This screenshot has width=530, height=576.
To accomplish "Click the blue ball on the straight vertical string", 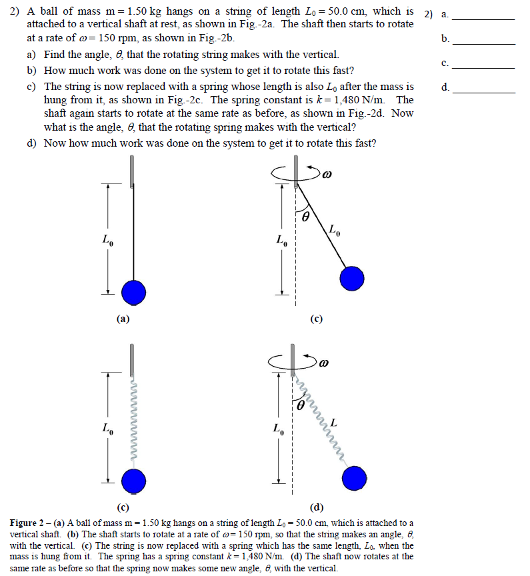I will tap(133, 291).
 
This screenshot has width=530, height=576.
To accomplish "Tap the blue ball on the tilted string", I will tap(352, 278).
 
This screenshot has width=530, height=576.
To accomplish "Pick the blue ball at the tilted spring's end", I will tap(355, 478).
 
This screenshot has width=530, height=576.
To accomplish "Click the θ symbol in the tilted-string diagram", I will tap(306, 217).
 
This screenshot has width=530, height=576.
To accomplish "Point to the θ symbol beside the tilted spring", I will tap(301, 404).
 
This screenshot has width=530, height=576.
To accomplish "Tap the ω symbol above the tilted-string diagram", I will tap(327, 175).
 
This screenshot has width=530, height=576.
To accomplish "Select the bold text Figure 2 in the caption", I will tap(27, 523).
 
